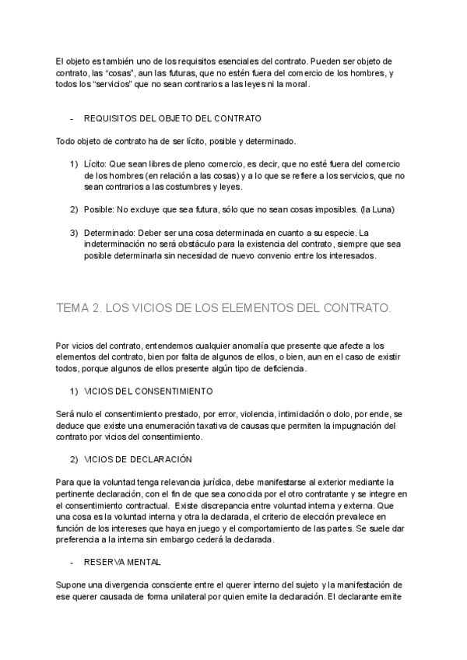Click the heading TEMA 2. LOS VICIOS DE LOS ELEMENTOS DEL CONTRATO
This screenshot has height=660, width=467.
tap(223, 308)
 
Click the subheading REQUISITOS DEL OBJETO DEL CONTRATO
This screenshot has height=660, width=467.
tap(172, 119)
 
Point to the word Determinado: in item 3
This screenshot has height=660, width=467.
tap(109, 233)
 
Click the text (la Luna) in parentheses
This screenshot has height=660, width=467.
tap(377, 210)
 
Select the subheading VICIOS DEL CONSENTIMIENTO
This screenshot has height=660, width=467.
tap(147, 390)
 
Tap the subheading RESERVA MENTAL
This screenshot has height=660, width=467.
tap(123, 561)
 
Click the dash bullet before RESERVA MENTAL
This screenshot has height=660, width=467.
tap(72, 561)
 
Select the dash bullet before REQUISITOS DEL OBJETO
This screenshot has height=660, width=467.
tap(72, 119)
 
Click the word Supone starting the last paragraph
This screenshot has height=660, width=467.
tap(70, 585)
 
